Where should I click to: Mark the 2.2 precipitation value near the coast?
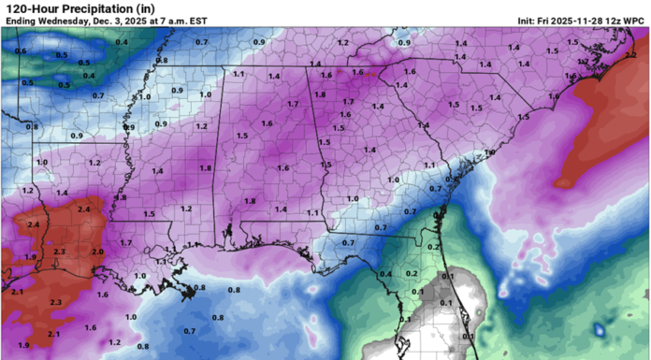tap(629, 55)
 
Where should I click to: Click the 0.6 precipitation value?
tap(21, 51)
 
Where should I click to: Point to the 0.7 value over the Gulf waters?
tap(190, 331)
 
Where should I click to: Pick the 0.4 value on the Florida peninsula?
tap(385, 273)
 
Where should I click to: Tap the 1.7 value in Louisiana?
tap(126, 242)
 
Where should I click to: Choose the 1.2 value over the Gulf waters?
tap(114, 342)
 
